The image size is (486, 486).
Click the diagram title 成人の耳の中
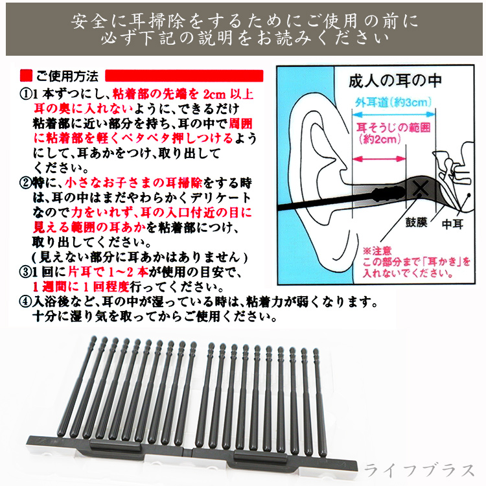point(395,80)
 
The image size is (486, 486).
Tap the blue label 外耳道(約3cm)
point(393,102)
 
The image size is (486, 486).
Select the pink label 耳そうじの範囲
point(393,128)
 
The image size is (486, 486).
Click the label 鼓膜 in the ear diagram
point(416,222)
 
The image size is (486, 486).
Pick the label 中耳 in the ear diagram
point(452,224)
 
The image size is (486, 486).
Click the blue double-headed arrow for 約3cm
point(393,114)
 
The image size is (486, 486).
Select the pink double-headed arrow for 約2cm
point(379,159)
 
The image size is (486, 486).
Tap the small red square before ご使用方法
point(26,76)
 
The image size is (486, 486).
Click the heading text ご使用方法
point(67,76)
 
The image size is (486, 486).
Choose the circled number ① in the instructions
point(26,94)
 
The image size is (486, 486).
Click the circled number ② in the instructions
point(26,183)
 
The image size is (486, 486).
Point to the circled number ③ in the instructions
point(26,272)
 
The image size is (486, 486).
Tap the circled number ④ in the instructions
point(26,301)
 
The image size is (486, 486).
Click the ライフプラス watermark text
point(420,470)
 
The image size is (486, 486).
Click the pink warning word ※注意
point(377,251)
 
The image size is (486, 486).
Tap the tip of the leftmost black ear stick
point(94,338)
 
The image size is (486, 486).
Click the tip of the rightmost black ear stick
point(316,351)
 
